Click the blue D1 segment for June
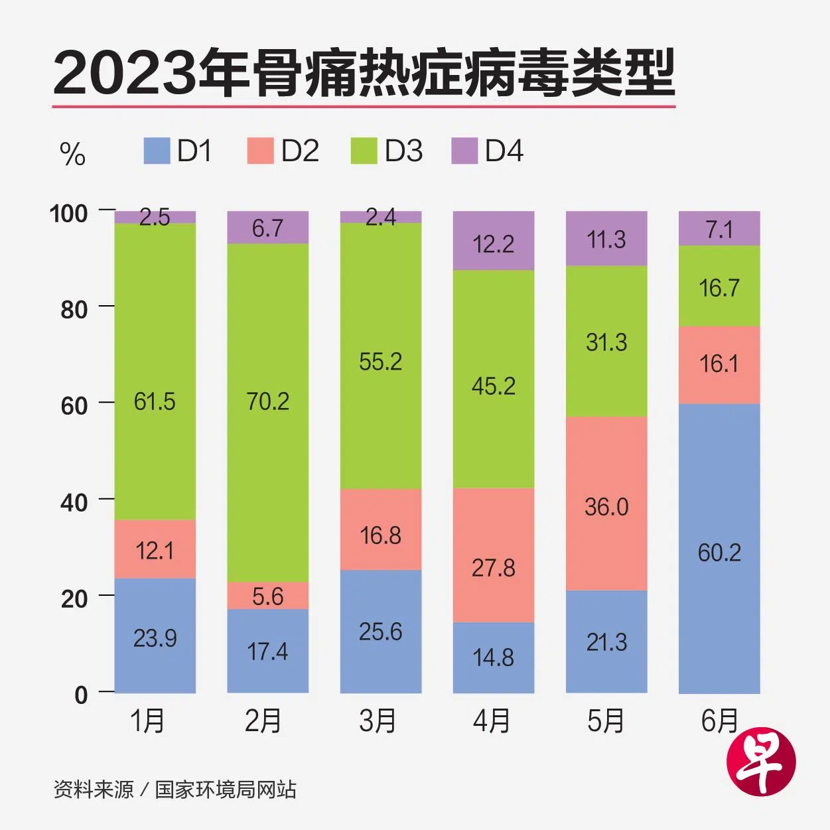click(719, 548)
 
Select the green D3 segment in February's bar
click(267, 412)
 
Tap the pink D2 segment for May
click(606, 503)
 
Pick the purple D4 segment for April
click(494, 241)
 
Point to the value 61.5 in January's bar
click(155, 401)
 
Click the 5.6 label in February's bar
click(267, 596)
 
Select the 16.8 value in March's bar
click(380, 535)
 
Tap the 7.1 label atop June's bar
click(719, 230)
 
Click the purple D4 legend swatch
click(464, 151)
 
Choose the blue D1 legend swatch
click(157, 151)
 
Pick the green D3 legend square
click(364, 151)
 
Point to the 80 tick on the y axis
click(74, 309)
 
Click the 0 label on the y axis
click(81, 695)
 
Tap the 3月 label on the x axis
click(378, 721)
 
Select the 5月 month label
click(605, 721)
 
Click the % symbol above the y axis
click(72, 155)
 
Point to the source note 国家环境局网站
click(226, 790)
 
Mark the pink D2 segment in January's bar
click(155, 549)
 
